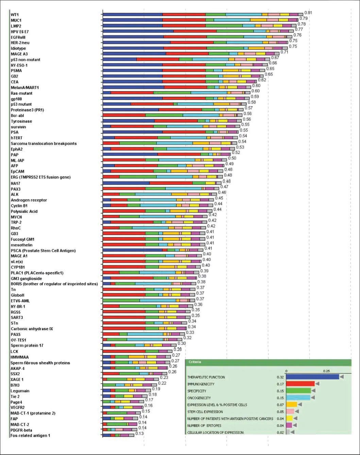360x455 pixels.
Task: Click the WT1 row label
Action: coord(15,15)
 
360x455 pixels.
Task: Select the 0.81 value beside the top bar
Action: coord(308,13)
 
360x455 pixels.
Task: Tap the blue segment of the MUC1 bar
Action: coord(133,20)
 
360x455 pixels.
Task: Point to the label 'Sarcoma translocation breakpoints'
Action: coord(44,144)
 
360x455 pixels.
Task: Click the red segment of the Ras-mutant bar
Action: coord(132,93)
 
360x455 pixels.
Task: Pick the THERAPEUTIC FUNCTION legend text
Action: coord(206,377)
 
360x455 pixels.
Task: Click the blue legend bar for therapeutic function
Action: coord(312,377)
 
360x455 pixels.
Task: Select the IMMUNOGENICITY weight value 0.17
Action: coord(280,384)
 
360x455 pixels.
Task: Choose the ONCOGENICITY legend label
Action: coord(199,398)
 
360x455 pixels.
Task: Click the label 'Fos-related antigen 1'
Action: coord(30,436)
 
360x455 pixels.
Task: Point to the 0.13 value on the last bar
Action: coord(139,434)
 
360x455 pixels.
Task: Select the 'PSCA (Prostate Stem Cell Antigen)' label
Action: coord(43,251)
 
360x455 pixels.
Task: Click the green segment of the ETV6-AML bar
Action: coord(121,301)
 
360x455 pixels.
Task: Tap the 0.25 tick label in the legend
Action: coord(326,371)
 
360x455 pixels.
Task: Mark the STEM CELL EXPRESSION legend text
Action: coord(205,412)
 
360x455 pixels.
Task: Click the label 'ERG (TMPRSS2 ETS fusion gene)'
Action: coord(40,177)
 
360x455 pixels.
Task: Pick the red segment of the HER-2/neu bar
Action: coord(192,43)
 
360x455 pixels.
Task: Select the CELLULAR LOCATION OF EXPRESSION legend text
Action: coord(215,433)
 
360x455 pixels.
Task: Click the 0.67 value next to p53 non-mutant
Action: coord(275,58)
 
